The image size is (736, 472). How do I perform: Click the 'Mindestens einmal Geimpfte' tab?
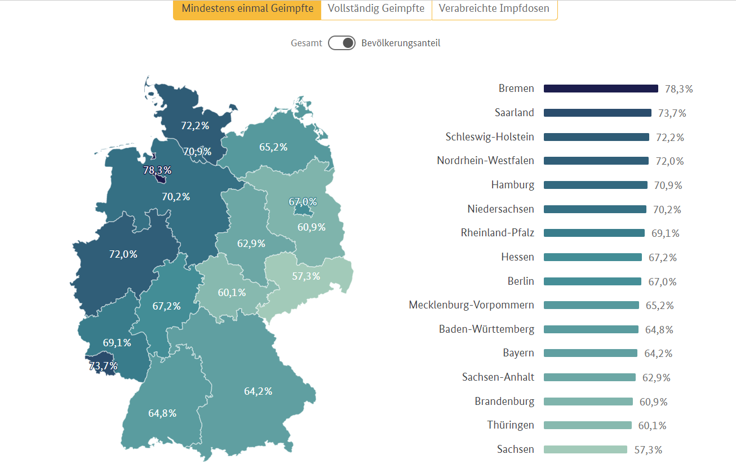247,9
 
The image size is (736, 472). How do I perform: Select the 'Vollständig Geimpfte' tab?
376,9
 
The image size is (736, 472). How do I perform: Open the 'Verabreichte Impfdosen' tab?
494,9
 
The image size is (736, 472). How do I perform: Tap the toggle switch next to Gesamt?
342,43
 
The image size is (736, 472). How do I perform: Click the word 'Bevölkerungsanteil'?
401,43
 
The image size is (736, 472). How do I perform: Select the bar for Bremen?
601,89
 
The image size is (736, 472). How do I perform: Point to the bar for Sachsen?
585,449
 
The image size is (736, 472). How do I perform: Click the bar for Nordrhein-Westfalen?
596,161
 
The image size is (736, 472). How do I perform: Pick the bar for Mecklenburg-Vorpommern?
591,305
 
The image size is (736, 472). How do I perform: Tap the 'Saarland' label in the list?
514,113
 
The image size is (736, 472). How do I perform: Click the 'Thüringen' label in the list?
511,425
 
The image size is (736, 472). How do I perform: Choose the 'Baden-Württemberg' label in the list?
486,329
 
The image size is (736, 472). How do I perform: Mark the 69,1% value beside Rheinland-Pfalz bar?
666,233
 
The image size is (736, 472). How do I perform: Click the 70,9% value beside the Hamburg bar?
668,185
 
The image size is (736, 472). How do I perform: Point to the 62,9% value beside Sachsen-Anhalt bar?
657,377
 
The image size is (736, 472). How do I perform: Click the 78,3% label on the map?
157,170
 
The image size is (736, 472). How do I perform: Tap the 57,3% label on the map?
306,276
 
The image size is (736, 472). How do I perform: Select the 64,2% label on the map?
258,391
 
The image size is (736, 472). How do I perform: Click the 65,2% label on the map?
273,147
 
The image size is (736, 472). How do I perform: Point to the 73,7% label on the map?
103,366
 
